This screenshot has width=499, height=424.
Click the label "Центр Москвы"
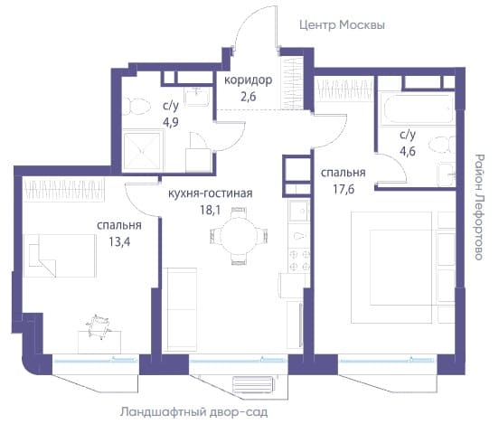click(x=342, y=25)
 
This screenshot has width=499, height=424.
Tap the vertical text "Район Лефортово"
click(x=478, y=207)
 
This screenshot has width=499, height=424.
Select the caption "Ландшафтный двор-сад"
click(x=193, y=412)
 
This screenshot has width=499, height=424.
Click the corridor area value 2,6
click(x=249, y=96)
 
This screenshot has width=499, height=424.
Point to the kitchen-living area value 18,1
click(x=211, y=210)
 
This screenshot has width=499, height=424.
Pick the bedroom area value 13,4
click(x=119, y=242)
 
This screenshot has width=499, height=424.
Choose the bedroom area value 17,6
click(x=344, y=189)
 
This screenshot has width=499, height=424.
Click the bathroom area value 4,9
click(x=171, y=123)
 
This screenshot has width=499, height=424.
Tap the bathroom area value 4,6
click(x=408, y=151)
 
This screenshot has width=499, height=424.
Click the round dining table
click(x=239, y=236)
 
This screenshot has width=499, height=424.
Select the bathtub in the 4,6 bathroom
click(x=418, y=108)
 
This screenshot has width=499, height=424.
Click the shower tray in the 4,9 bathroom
click(x=142, y=150)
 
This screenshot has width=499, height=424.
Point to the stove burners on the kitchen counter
click(x=299, y=260)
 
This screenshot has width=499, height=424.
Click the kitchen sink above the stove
click(x=298, y=211)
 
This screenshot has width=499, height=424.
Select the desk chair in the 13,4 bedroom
click(x=98, y=327)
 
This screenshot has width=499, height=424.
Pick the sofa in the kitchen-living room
click(x=180, y=310)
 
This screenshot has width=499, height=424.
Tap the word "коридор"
click(x=249, y=80)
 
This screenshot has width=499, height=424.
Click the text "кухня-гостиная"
click(x=211, y=193)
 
